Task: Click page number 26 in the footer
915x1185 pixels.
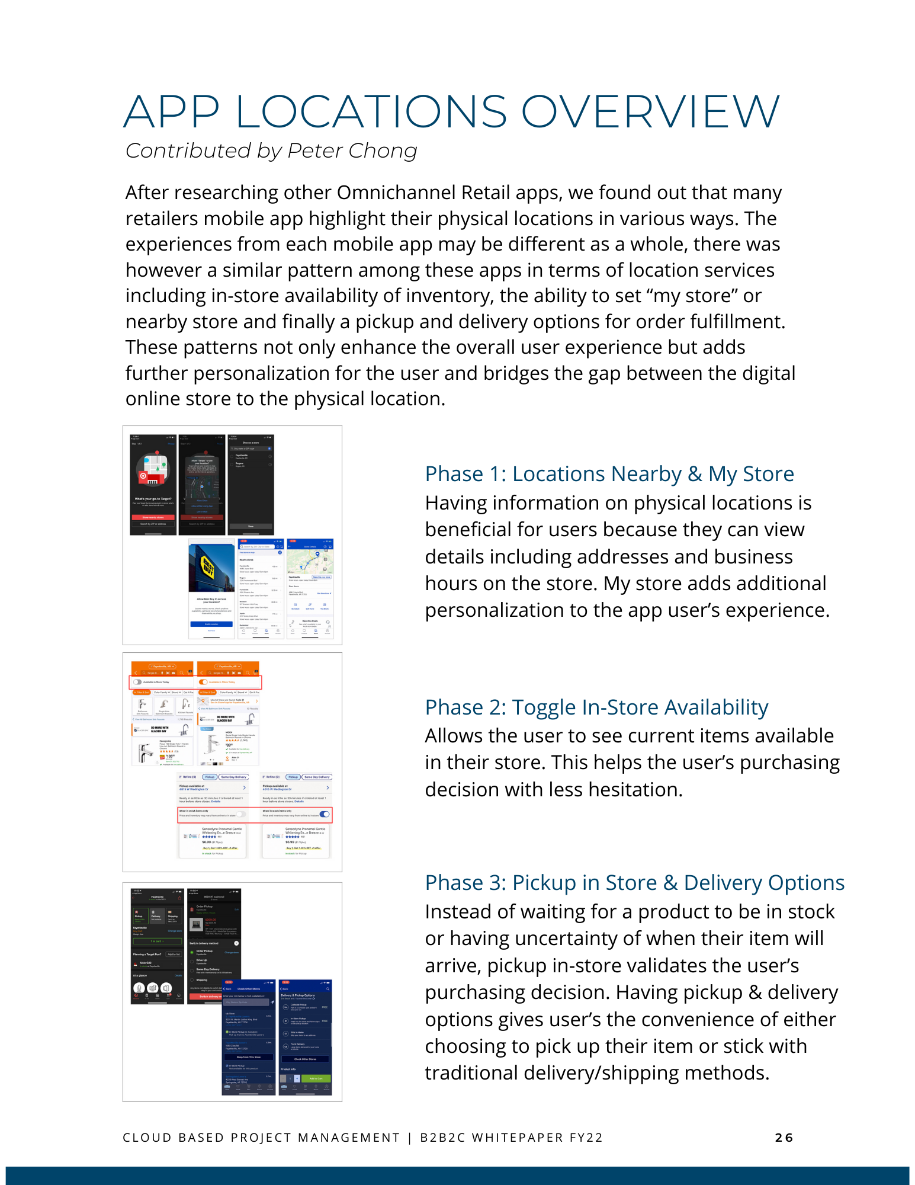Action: click(784, 1138)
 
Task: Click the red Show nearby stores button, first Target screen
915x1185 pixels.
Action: click(153, 517)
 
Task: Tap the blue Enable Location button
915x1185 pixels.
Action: click(211, 624)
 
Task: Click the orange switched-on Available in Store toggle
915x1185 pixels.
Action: click(204, 682)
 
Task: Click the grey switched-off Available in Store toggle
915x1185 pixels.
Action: click(137, 682)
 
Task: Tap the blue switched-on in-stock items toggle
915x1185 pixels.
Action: click(324, 814)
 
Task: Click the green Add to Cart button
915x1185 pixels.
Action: click(316, 1078)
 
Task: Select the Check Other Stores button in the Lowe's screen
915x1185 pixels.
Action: click(305, 1059)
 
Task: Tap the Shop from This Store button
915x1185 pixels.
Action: click(248, 1057)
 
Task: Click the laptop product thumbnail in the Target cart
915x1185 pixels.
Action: click(196, 924)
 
